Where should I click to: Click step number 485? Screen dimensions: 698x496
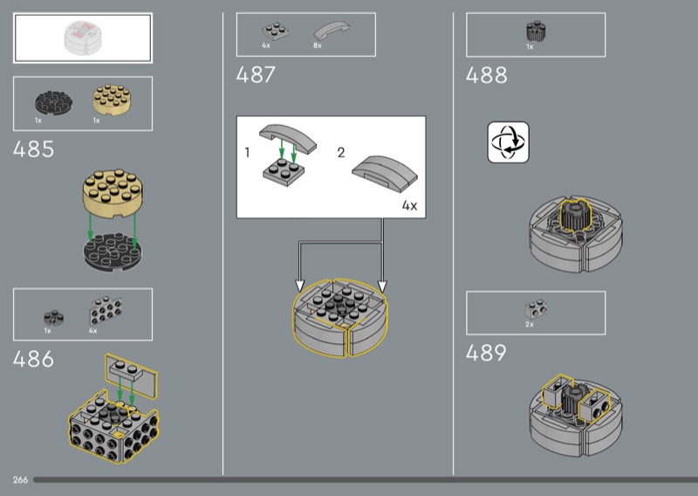(33, 149)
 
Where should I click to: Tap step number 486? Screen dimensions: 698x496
(33, 359)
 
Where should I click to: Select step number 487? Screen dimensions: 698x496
(256, 75)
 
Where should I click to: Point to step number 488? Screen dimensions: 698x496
(486, 75)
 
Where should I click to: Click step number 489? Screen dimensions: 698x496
(486, 353)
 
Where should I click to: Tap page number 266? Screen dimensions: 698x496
(20, 480)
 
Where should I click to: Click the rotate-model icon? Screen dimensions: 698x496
(509, 142)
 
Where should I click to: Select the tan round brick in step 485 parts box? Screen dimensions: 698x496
(112, 100)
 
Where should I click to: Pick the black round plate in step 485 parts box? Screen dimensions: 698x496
(54, 103)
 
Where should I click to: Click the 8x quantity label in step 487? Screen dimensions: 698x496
(317, 45)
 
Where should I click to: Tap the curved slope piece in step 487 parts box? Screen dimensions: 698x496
(332, 31)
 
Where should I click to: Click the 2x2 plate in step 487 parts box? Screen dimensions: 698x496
(275, 31)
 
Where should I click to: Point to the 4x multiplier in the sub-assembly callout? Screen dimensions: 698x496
(409, 205)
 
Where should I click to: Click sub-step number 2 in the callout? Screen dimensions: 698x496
(341, 153)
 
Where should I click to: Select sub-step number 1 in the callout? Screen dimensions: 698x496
(247, 153)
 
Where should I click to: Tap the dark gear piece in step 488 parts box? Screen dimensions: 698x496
(536, 31)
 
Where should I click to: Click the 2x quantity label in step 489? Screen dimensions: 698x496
(529, 325)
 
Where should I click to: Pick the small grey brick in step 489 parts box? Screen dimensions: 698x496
(536, 309)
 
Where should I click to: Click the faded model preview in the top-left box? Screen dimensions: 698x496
(83, 38)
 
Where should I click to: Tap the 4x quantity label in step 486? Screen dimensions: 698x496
(92, 331)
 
